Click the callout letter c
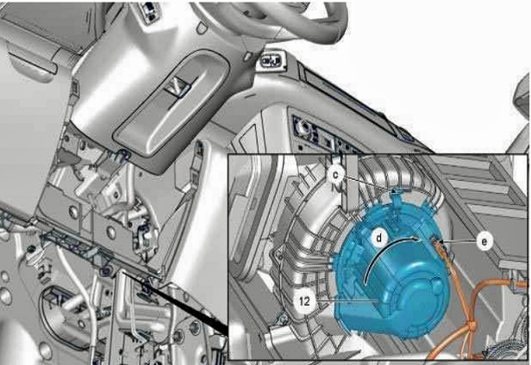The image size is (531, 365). [335, 175]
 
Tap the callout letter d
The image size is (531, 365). [379, 238]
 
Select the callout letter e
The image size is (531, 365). [484, 241]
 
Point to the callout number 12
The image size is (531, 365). [305, 300]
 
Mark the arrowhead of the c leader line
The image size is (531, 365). [393, 191]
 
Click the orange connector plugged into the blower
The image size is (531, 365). [440, 245]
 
